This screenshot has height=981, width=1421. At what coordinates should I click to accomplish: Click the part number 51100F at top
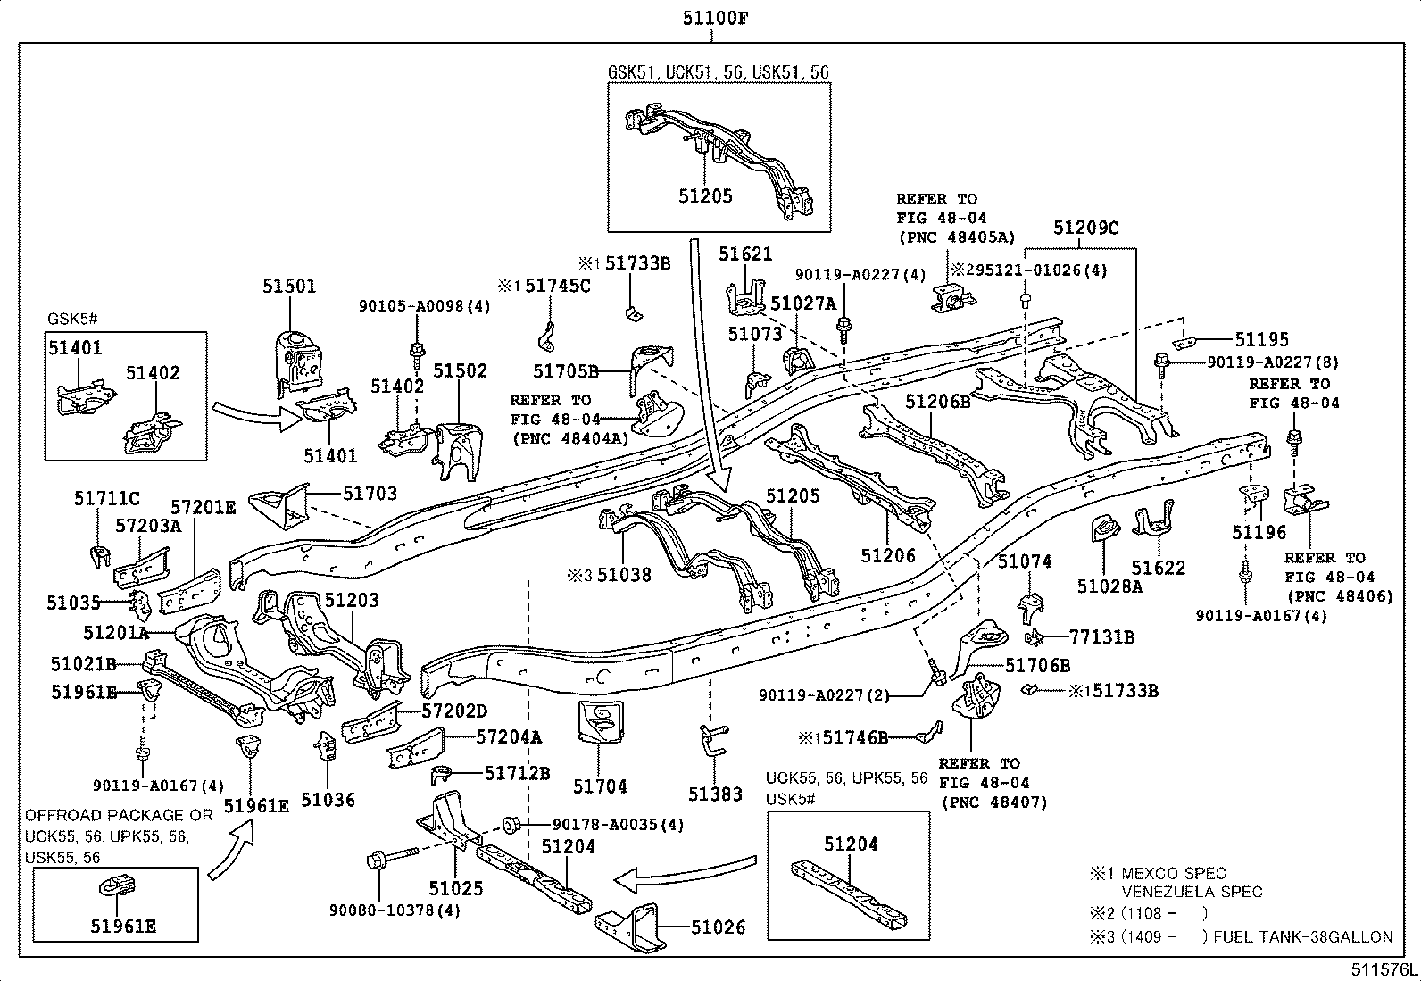(711, 18)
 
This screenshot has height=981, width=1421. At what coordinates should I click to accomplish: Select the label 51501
(289, 287)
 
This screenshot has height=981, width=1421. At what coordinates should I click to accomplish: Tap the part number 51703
(370, 493)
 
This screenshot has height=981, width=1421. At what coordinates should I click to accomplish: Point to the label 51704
(600, 786)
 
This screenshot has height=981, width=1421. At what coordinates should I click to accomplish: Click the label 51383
(715, 794)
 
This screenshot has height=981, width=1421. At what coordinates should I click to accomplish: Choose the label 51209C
(1085, 228)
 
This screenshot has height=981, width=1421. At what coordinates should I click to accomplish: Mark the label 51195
(1262, 339)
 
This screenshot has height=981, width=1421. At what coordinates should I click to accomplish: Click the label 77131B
(1102, 637)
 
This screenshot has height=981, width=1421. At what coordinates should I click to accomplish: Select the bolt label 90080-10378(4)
(395, 910)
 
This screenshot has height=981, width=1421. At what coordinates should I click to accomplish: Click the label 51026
(718, 927)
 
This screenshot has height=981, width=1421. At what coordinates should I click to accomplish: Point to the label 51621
(745, 254)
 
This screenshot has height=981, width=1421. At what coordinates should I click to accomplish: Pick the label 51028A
(1109, 586)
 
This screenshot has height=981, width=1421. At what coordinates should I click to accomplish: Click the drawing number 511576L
(1382, 969)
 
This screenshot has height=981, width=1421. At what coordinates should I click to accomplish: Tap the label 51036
(328, 800)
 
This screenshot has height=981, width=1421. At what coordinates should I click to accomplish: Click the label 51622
(1159, 568)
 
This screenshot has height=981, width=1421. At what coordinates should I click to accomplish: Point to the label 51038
(624, 575)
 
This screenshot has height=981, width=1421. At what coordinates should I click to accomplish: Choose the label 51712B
(518, 772)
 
